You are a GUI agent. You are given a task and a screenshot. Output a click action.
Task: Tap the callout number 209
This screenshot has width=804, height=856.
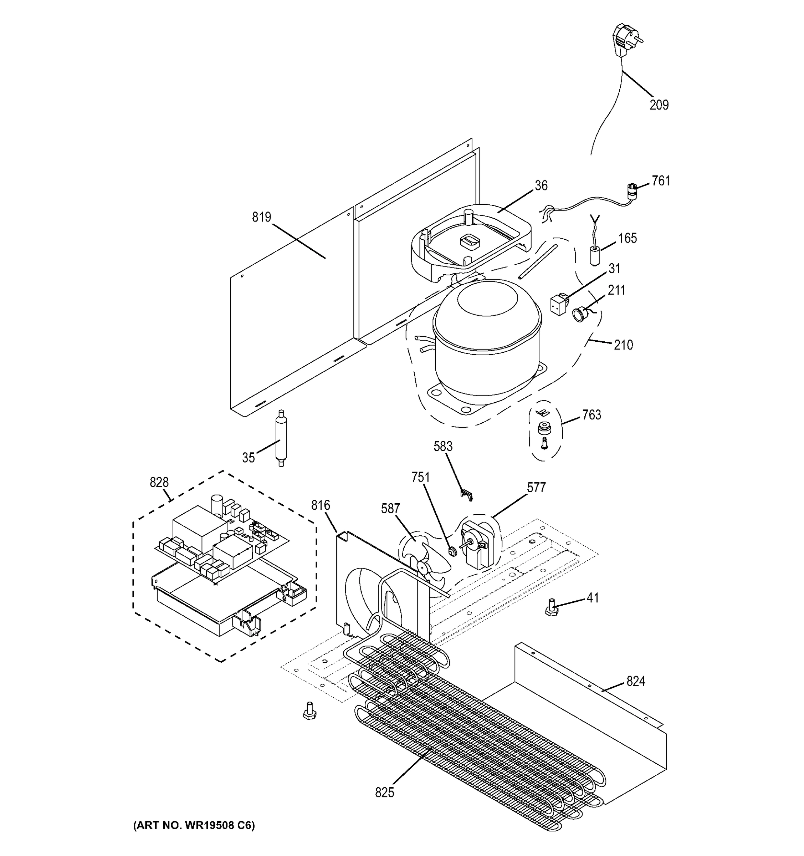[x=659, y=105]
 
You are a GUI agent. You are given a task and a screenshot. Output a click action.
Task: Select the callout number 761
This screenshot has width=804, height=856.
[x=661, y=181]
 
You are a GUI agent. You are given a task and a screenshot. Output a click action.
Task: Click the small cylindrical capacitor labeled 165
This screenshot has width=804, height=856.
[x=594, y=255]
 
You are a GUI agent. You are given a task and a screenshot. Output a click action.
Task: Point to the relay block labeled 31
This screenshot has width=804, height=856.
[x=559, y=304]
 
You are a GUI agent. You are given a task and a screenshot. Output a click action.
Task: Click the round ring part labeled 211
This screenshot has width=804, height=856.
[x=578, y=314]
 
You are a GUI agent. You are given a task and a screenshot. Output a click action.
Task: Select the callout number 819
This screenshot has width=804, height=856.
[x=261, y=218]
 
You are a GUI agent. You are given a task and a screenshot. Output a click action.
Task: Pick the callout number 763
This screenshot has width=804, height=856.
[x=592, y=415]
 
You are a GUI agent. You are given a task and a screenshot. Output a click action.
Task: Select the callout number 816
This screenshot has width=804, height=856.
[x=321, y=505]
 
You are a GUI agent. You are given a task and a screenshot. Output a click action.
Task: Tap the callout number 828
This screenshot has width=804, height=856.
[x=159, y=482]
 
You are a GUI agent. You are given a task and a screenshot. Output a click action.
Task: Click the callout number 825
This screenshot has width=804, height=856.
[x=384, y=792]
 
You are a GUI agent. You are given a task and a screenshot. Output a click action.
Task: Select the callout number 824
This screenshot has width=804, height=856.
[x=635, y=681]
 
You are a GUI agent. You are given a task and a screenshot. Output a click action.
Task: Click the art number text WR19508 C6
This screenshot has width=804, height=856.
[x=194, y=825]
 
